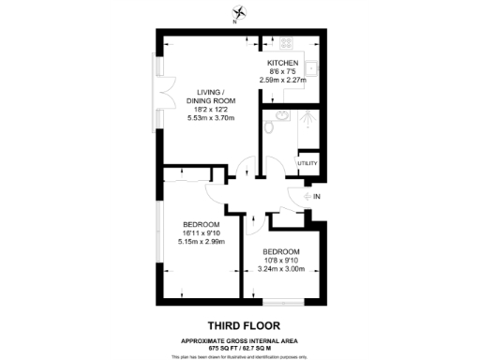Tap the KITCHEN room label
tap(282, 63)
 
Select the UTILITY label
tap(307, 164)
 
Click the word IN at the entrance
tap(316, 196)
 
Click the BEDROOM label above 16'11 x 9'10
tap(201, 223)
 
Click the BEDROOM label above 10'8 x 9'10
tap(281, 251)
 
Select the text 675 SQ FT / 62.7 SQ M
tap(240, 346)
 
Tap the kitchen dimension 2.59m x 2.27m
tap(282, 81)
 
